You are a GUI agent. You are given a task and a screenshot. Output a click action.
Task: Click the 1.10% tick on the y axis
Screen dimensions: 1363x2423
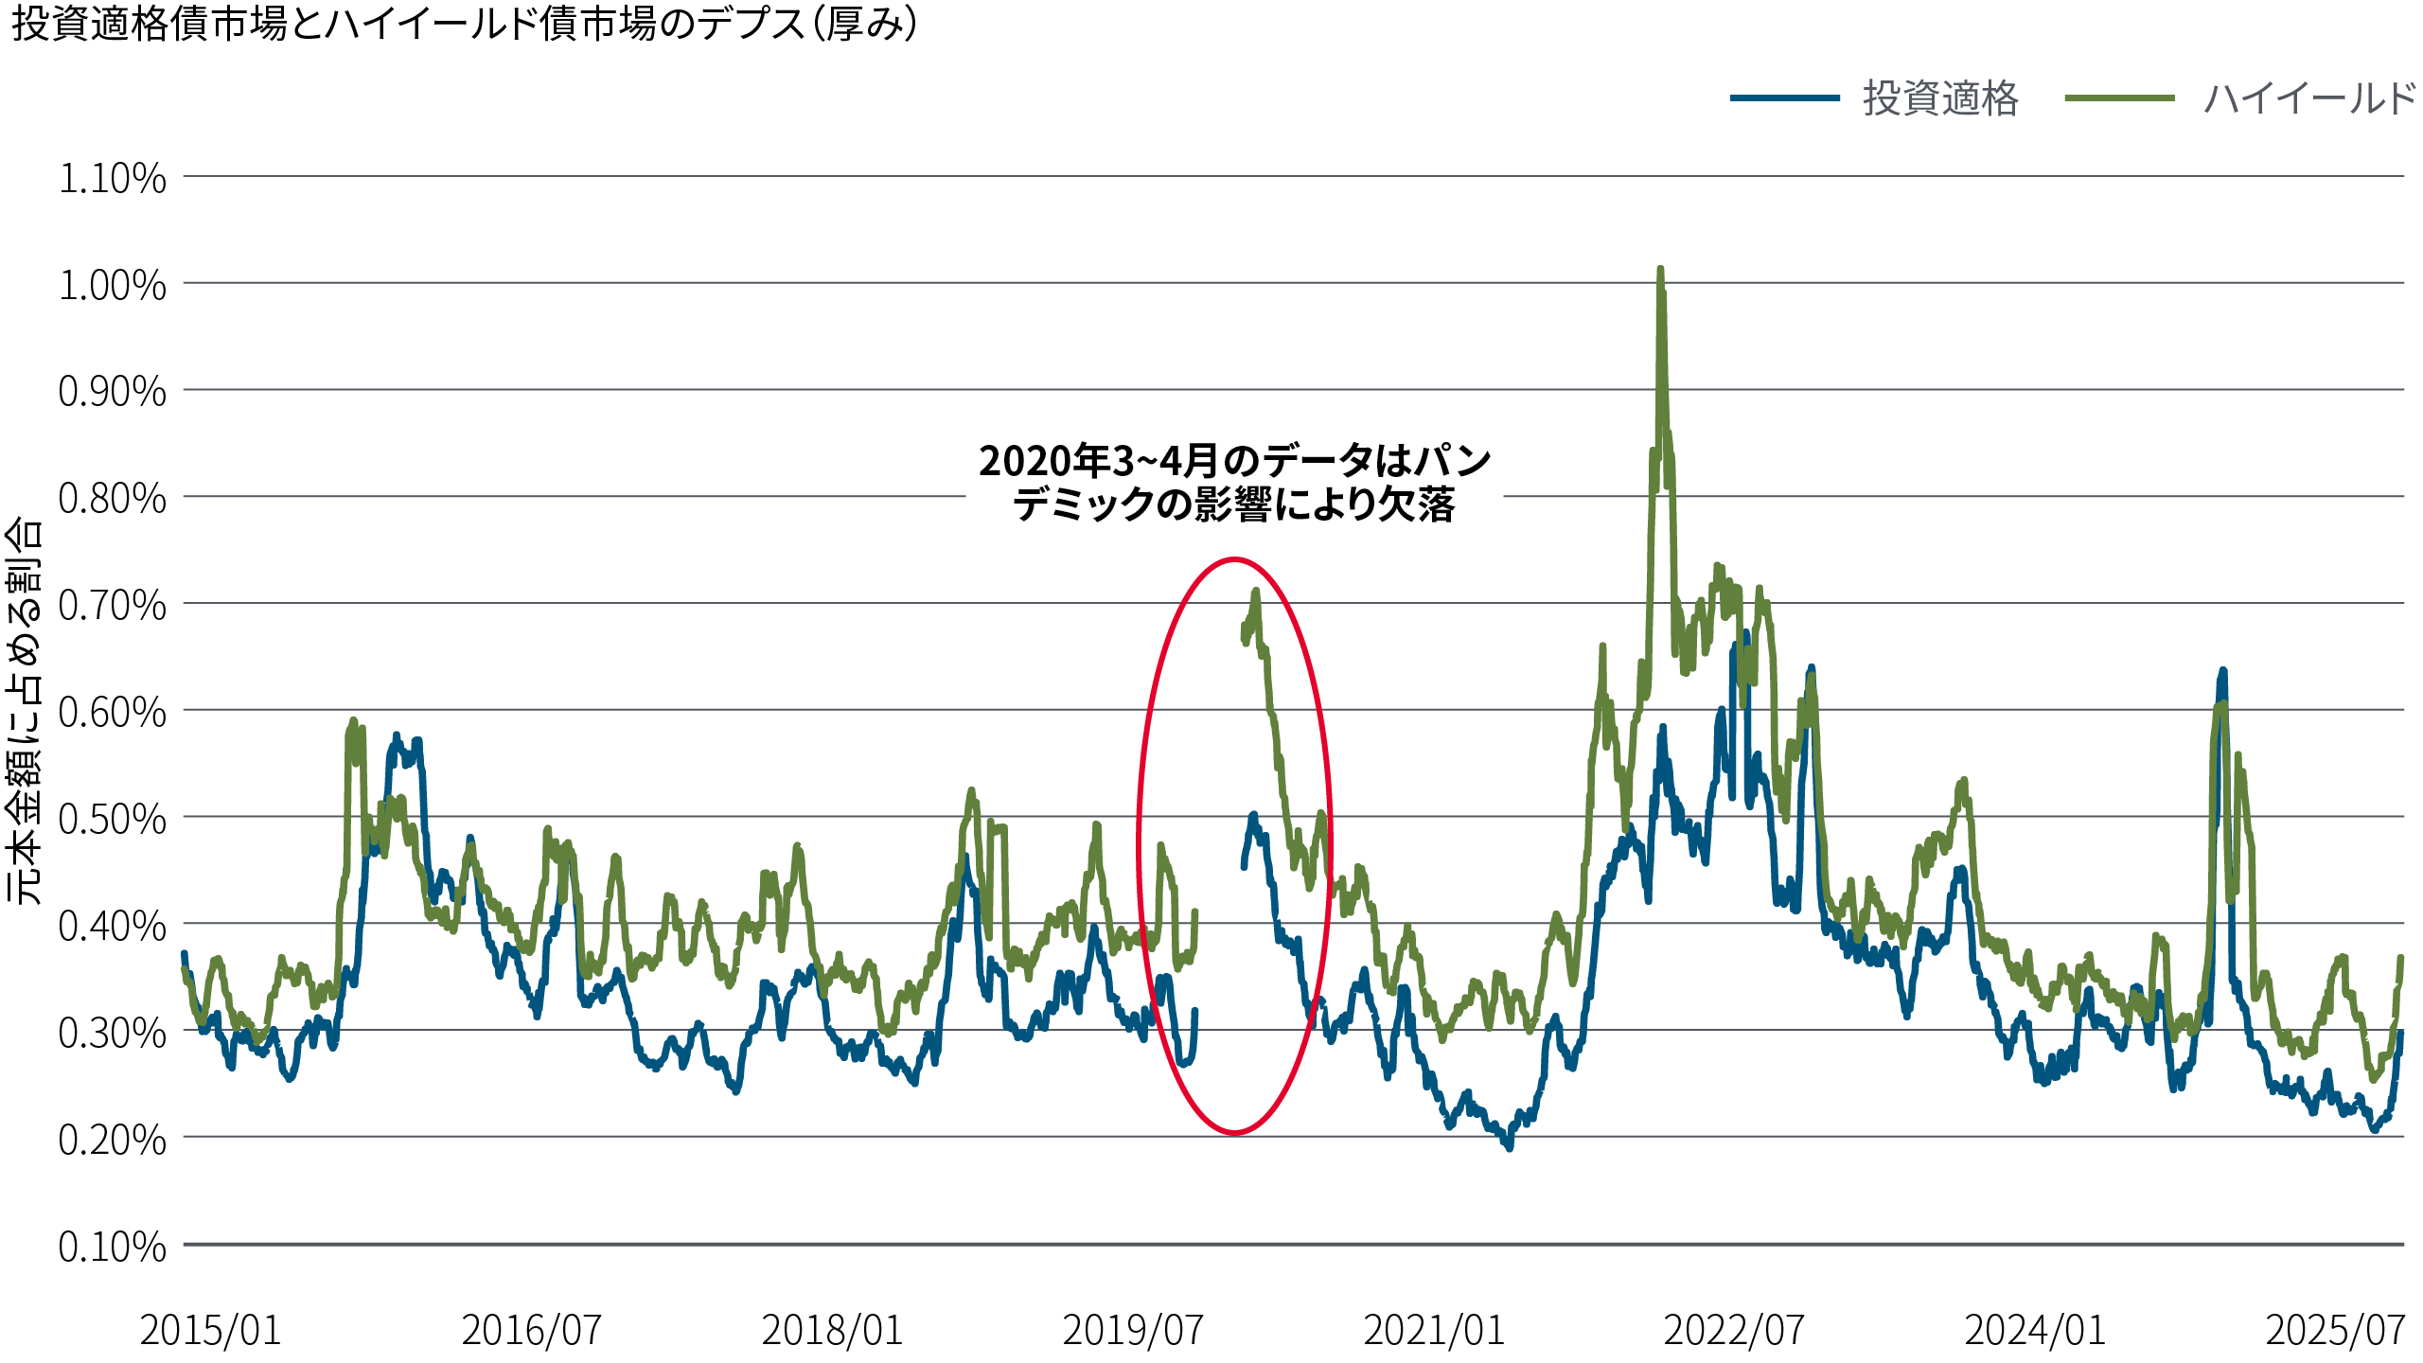pyautogui.click(x=112, y=178)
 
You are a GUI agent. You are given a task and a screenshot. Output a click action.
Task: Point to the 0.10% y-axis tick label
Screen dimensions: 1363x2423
pyautogui.click(x=112, y=1247)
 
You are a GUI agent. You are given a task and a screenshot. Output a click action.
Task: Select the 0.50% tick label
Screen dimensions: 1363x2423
pyautogui.click(x=112, y=819)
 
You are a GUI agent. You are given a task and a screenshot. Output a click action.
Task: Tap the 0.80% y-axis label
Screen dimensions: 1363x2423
pyautogui.click(x=112, y=498)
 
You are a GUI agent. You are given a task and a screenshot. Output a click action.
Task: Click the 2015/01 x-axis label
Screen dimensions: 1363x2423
pyautogui.click(x=210, y=1330)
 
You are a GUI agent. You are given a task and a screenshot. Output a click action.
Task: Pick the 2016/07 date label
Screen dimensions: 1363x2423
pyautogui.click(x=531, y=1330)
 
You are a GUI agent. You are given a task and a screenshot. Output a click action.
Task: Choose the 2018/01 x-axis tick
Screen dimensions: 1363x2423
pyautogui.click(x=832, y=1330)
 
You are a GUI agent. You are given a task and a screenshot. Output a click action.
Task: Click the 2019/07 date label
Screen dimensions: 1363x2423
pyautogui.click(x=1132, y=1330)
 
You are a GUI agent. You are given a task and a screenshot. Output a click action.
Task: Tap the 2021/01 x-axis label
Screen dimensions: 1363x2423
pyautogui.click(x=1433, y=1330)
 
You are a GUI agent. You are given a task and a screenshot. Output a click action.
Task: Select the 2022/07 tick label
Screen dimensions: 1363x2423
pyautogui.click(x=1734, y=1330)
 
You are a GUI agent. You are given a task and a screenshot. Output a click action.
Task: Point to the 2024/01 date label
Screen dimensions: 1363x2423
pyautogui.click(x=2035, y=1330)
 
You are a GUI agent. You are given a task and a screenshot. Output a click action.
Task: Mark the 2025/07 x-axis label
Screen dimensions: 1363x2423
pyautogui.click(x=2335, y=1330)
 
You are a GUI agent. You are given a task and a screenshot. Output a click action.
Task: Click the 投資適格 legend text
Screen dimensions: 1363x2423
pyautogui.click(x=1940, y=98)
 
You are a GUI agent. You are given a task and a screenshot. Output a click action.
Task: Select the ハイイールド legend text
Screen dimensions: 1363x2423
pyautogui.click(x=2309, y=98)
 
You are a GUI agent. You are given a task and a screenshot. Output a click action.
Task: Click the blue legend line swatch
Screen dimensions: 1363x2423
pyautogui.click(x=1784, y=98)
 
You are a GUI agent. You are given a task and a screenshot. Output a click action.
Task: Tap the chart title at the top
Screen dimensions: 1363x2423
pyautogui.click(x=464, y=25)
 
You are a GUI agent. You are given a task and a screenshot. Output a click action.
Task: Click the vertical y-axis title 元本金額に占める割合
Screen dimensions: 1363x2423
pyautogui.click(x=25, y=710)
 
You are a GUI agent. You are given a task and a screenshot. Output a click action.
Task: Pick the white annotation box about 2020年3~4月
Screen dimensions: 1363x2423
pyautogui.click(x=1234, y=487)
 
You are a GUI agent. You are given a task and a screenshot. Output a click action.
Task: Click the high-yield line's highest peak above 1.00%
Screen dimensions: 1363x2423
pyautogui.click(x=1661, y=271)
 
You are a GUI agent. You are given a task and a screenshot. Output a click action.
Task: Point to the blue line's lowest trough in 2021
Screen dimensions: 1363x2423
pyautogui.click(x=1509, y=1146)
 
